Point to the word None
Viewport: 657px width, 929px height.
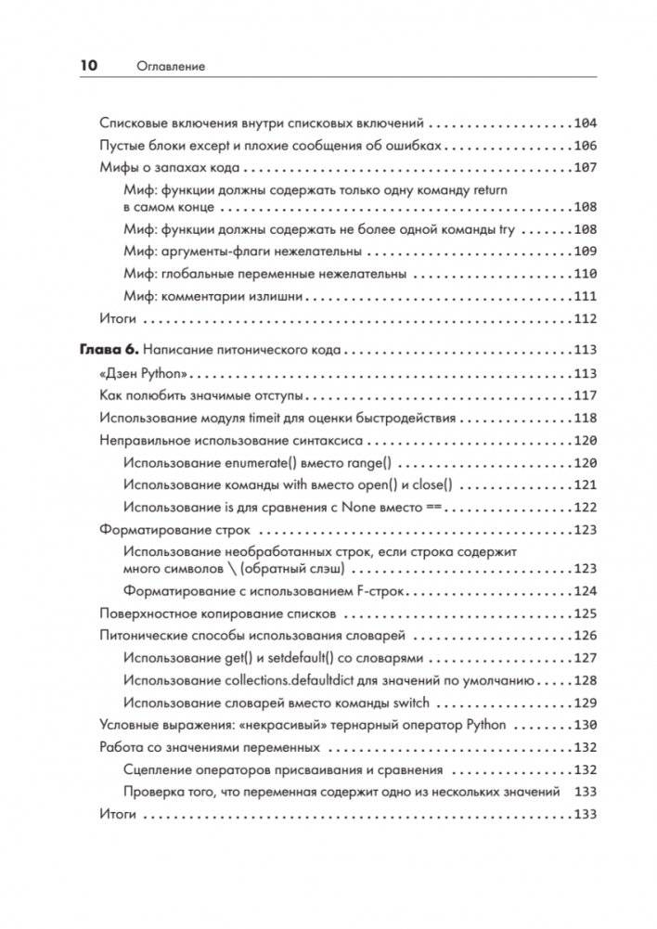coord(356,507)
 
